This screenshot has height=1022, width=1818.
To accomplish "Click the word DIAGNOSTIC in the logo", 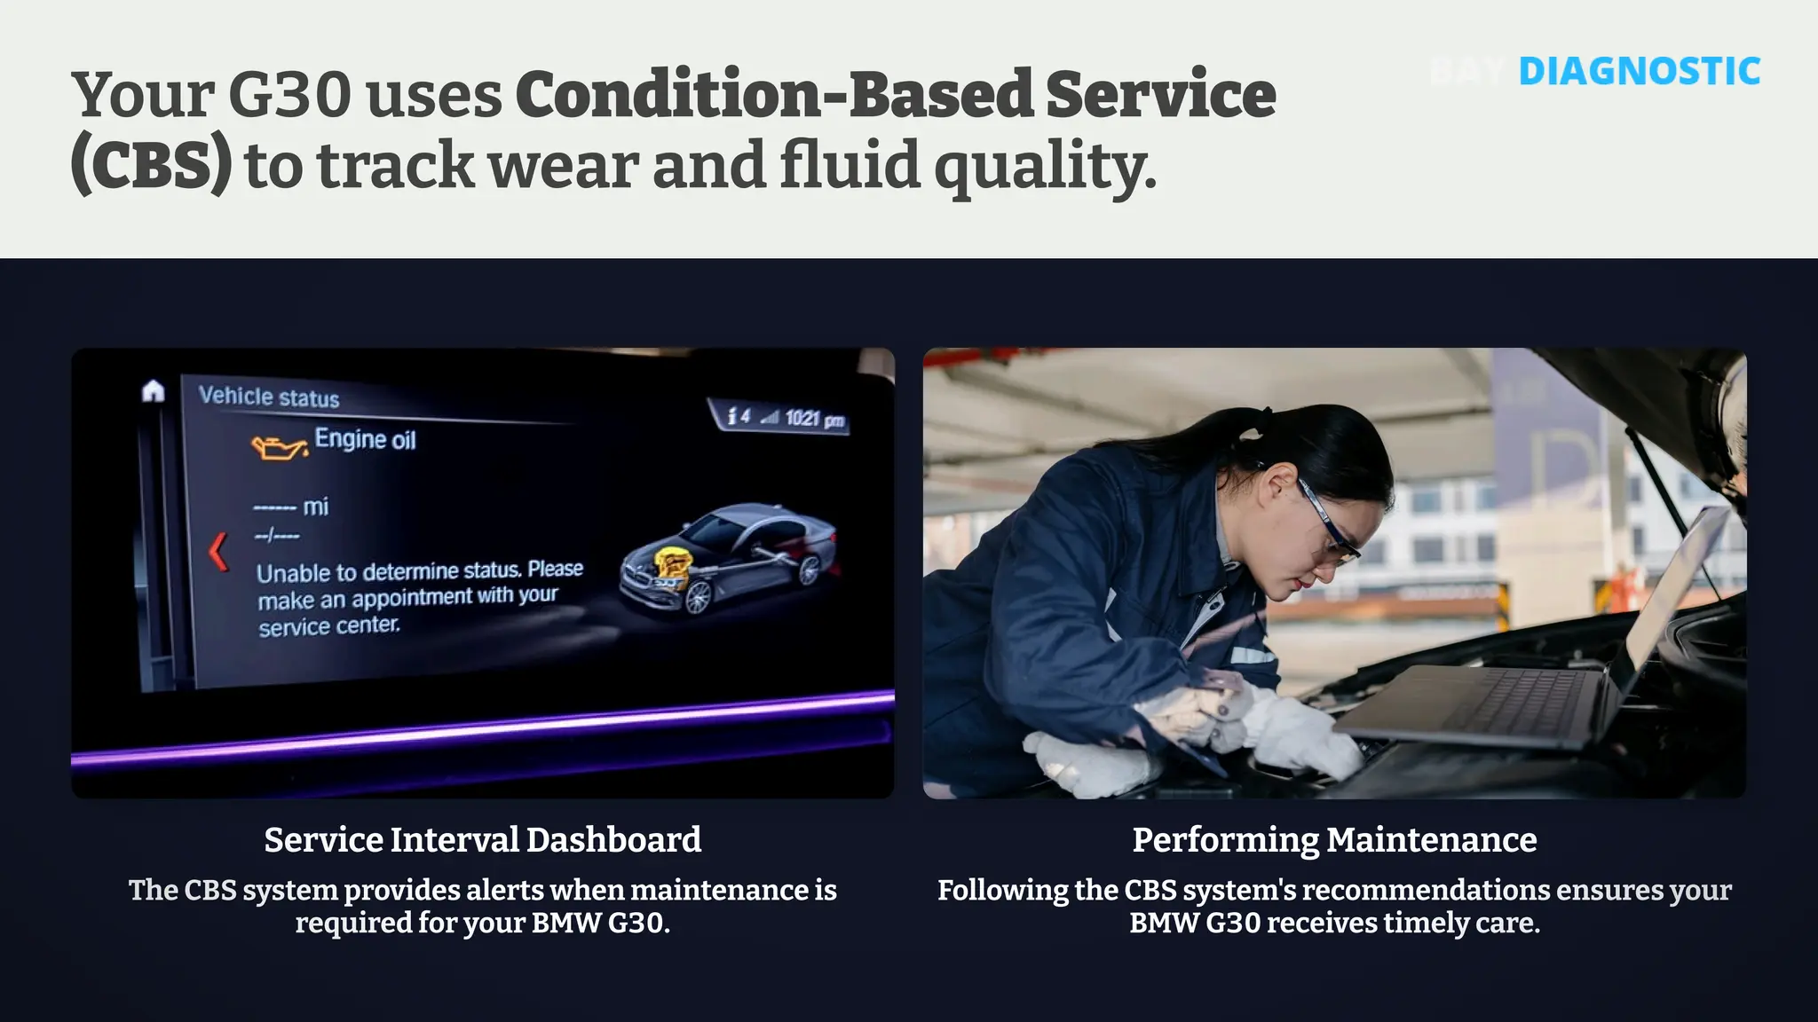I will click(1639, 72).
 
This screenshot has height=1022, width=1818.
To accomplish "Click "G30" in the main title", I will click(289, 95).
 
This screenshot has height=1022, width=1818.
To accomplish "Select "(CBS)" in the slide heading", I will click(151, 165).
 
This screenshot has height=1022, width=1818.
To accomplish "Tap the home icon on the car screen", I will click(154, 390).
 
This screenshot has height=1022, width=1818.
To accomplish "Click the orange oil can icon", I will click(279, 447).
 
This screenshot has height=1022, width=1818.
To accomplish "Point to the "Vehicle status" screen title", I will click(269, 397).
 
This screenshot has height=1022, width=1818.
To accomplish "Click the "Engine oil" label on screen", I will click(365, 439).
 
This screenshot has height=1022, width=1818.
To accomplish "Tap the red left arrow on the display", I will click(217, 551).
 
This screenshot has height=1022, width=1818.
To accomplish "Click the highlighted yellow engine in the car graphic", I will click(672, 566).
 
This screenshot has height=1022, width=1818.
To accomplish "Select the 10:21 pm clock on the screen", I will click(814, 419).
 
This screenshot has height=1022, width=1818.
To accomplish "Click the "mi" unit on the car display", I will click(315, 507).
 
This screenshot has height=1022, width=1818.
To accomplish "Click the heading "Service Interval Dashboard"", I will click(483, 839).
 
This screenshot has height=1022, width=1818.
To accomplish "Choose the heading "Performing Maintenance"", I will click(1334, 839).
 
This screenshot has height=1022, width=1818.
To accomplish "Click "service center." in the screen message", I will click(329, 626).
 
